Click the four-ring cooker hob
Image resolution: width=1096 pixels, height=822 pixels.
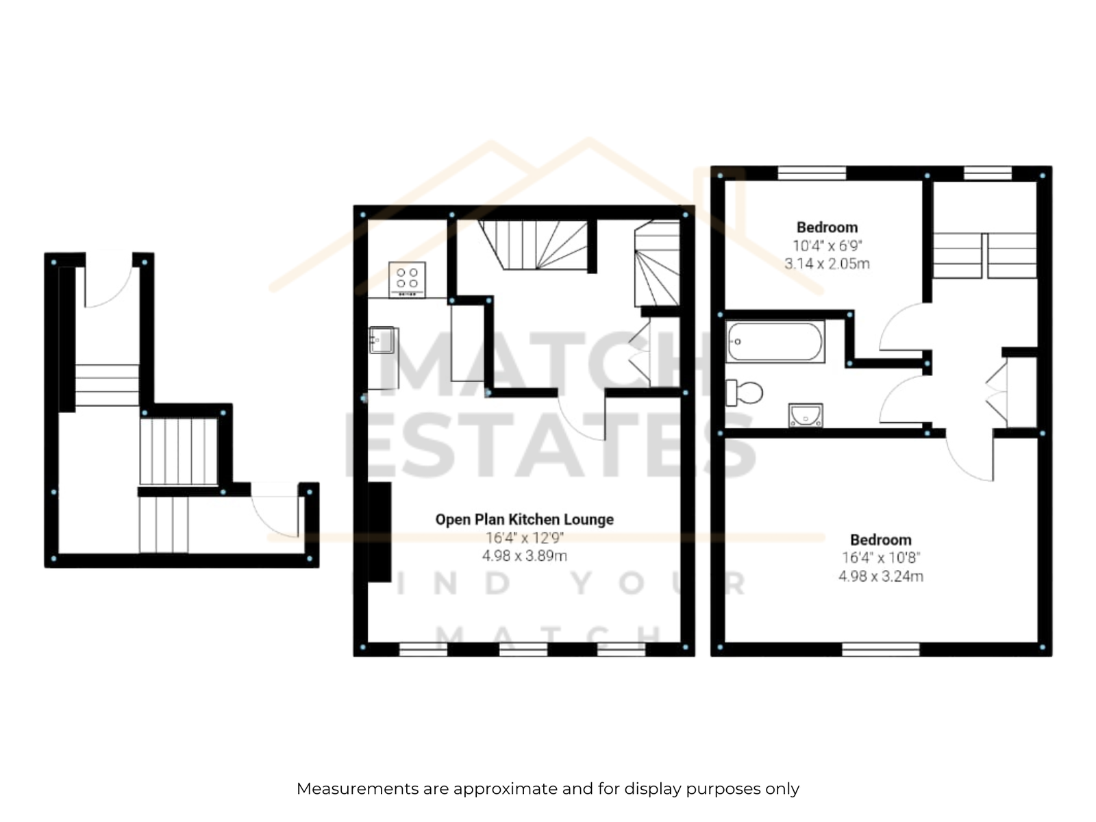click(x=407, y=279)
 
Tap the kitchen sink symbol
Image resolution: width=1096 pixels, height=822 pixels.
click(x=382, y=340)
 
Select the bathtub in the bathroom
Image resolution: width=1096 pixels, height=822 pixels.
click(x=775, y=341)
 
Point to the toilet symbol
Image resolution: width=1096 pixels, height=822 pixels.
click(x=744, y=393)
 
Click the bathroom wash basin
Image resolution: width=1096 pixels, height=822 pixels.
click(x=806, y=415)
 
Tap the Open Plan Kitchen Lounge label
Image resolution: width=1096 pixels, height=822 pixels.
click(x=524, y=519)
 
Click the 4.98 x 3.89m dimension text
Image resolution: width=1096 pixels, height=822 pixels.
click(x=524, y=556)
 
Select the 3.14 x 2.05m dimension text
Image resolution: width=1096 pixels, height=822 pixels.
click(x=827, y=264)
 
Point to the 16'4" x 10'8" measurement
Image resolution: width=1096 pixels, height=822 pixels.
click(x=881, y=558)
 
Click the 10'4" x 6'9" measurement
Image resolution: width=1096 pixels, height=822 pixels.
click(x=827, y=245)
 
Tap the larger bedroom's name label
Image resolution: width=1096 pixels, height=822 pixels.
click(x=881, y=540)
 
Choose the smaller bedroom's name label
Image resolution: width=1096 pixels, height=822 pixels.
click(x=827, y=227)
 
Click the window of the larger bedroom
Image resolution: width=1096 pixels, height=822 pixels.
click(x=881, y=649)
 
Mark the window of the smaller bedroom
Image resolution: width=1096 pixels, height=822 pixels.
click(x=812, y=173)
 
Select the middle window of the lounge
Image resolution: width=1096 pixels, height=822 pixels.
click(x=523, y=649)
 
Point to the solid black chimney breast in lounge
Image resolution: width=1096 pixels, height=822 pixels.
click(x=379, y=532)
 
